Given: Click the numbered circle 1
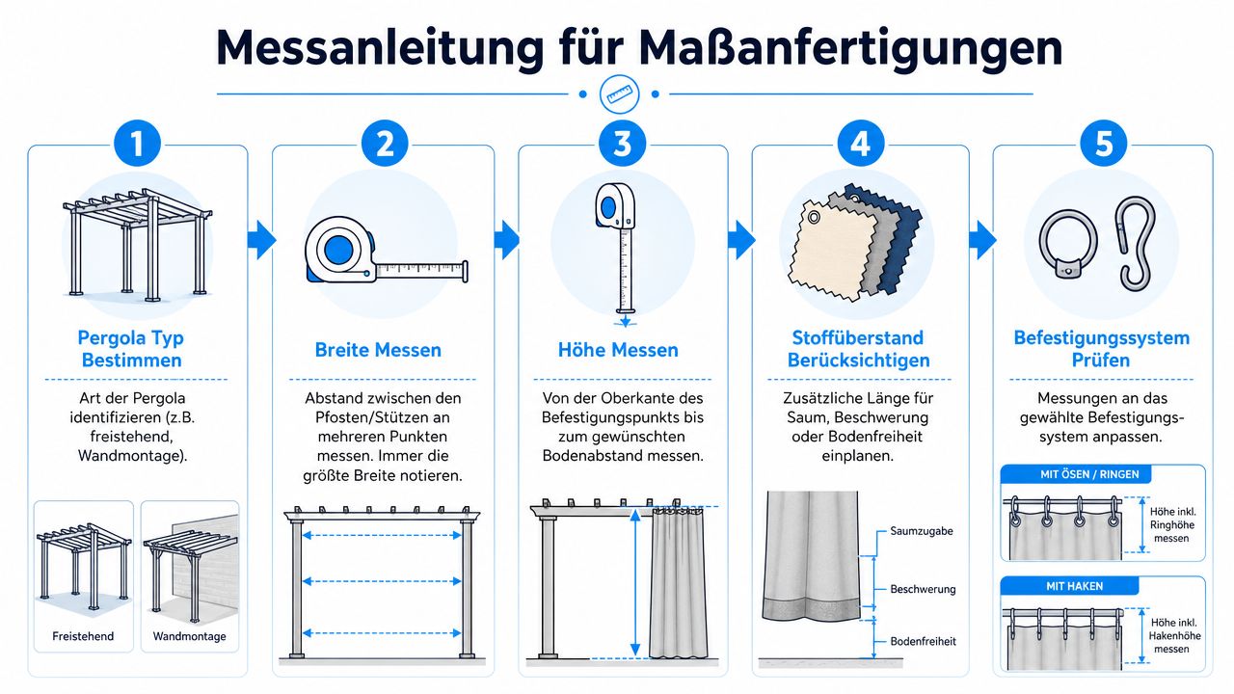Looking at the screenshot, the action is point(137,144).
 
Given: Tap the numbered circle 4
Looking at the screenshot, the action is point(861,144).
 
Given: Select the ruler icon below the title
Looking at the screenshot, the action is point(619,94).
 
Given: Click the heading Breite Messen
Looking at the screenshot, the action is point(378,350).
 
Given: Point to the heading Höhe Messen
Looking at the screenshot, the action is point(618,350).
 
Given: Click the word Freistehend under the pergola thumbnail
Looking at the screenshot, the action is point(83,636).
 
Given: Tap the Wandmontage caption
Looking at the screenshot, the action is point(190,636).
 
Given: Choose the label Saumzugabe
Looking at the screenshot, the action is point(922,531).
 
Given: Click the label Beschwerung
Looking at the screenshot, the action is point(923,589).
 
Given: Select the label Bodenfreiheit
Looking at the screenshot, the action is point(924,641).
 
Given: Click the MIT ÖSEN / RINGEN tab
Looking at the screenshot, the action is point(1076,474).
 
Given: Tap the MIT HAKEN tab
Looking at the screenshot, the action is point(1069,586).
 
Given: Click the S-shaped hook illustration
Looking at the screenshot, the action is point(1137,244).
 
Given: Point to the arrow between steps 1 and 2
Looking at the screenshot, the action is point(261,240).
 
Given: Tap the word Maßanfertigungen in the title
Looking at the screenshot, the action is point(851,48).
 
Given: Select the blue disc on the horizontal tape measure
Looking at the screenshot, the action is point(338,250).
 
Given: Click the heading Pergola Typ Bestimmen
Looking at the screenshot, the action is point(131,349).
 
